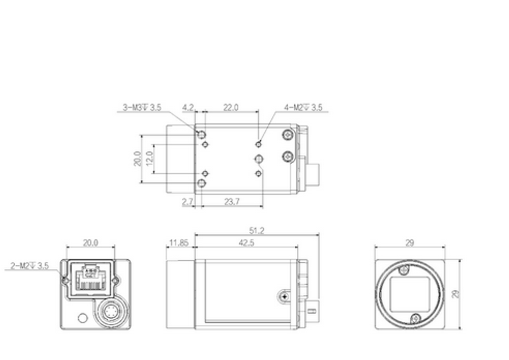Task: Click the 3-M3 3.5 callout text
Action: point(142,107)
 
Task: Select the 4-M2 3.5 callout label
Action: point(303,107)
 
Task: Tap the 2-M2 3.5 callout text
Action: point(30,265)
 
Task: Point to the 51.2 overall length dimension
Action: point(258,231)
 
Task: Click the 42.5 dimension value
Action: point(246,243)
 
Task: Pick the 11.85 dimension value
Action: point(179,243)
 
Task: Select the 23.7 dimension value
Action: point(232,202)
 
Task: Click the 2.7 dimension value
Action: point(187,202)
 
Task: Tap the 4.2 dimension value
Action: point(188,107)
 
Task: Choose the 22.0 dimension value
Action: point(231,107)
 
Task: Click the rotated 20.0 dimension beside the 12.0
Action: point(136,159)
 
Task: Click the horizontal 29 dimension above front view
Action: point(410,243)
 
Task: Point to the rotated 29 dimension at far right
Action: point(456,294)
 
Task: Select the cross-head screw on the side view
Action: point(283,295)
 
